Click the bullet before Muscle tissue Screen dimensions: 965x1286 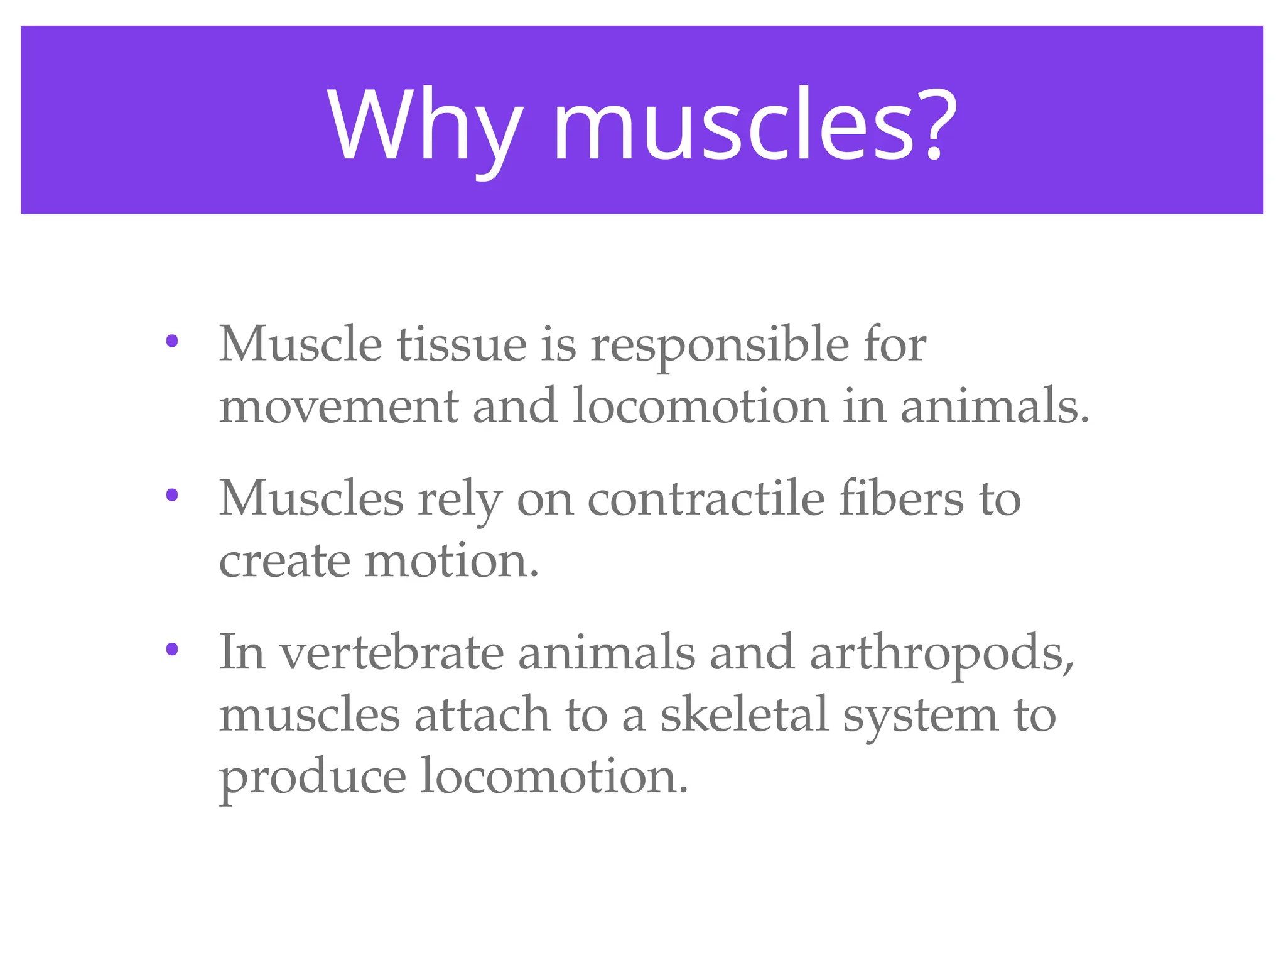tap(171, 342)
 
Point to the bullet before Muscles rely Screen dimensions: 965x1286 tap(171, 496)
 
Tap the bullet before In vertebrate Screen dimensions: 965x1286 tap(171, 650)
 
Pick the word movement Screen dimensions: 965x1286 tap(338, 407)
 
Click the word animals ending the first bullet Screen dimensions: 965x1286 tap(994, 406)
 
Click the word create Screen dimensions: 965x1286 tap(284, 560)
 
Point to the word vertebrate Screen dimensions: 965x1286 tap(391, 653)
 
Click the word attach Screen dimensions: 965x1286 tap(482, 714)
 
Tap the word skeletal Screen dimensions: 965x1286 tap(743, 714)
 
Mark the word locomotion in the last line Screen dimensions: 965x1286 tap(553, 777)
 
